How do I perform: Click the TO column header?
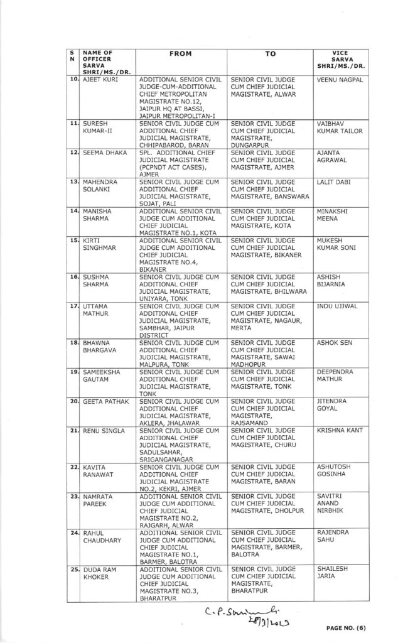[270, 55]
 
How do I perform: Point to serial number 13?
[73, 181]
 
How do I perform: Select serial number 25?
[73, 569]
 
